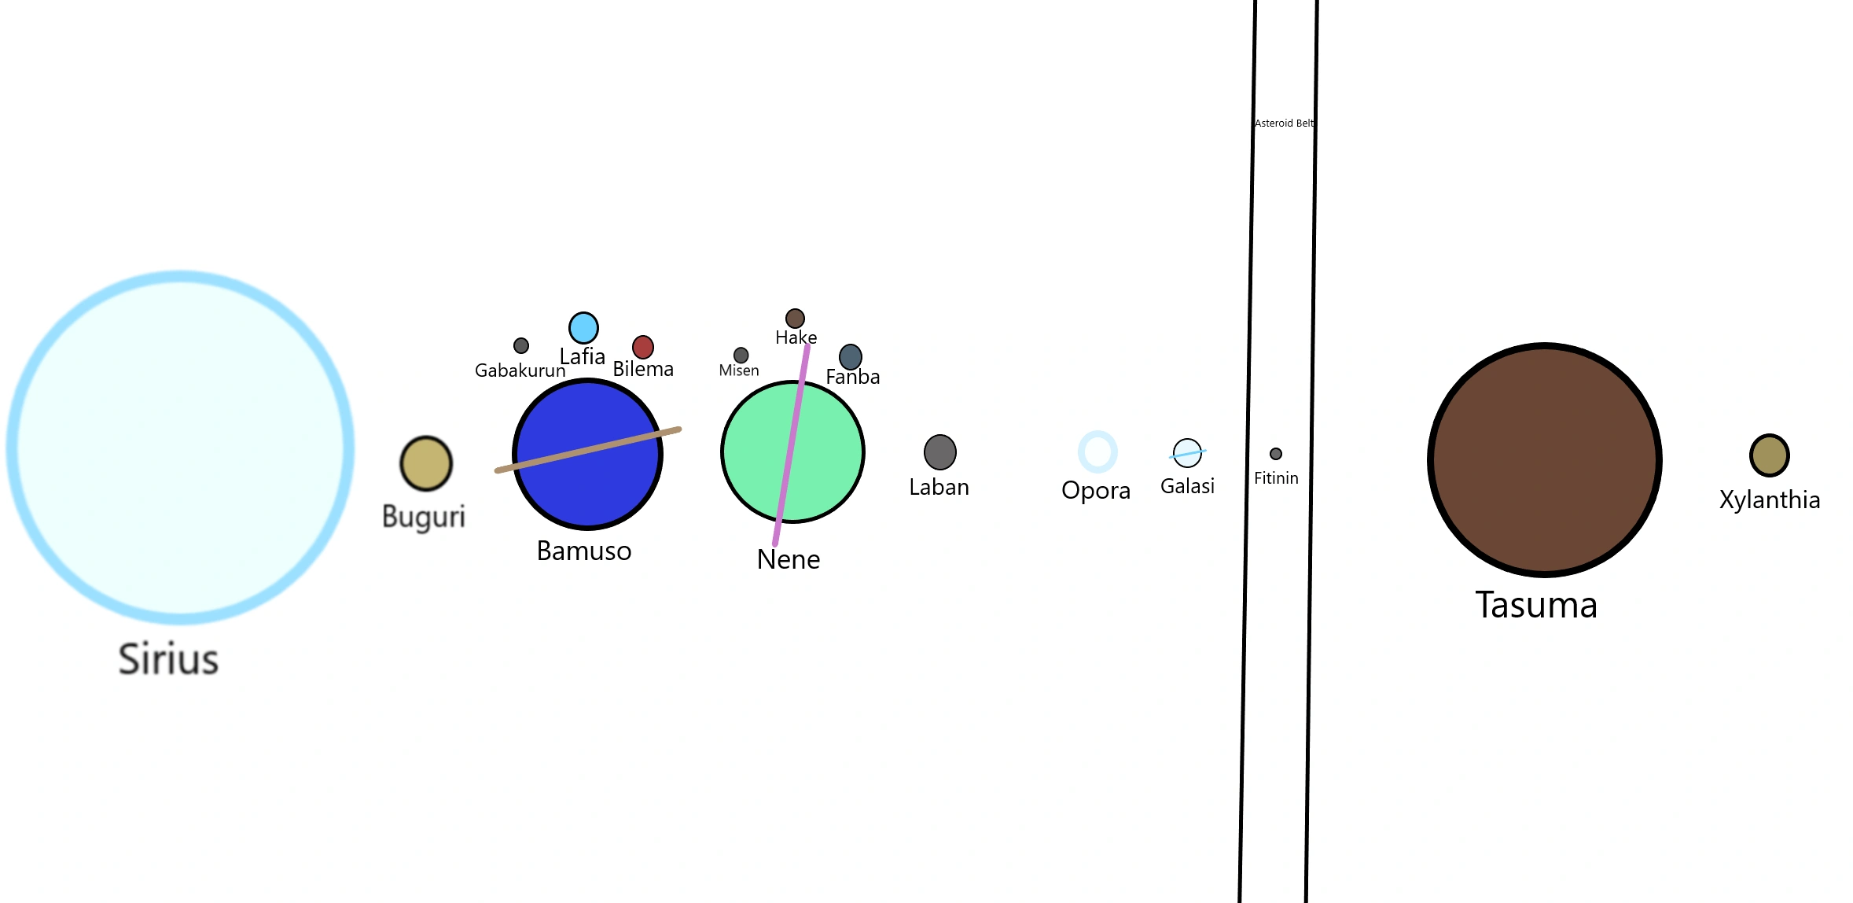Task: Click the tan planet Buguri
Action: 426,463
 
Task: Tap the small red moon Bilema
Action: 643,347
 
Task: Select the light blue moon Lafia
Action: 583,328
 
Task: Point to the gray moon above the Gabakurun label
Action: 521,345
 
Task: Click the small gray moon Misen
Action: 741,356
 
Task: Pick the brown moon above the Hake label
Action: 795,318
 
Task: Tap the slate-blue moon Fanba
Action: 851,357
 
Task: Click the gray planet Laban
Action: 940,452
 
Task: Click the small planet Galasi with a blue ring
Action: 1187,453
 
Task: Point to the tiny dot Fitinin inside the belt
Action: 1276,454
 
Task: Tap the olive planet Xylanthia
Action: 1770,455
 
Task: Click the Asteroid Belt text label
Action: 1284,123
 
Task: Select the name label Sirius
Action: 168,659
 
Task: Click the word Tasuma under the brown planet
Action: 1536,605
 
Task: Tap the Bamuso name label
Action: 584,551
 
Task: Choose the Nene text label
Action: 789,559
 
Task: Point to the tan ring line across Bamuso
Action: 588,450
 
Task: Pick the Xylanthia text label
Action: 1770,500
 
